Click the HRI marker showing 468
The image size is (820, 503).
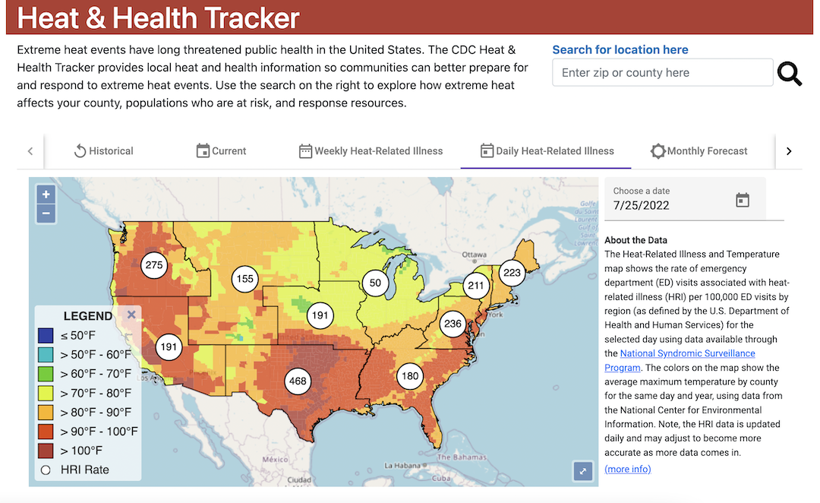point(298,381)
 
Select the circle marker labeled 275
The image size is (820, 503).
point(154,265)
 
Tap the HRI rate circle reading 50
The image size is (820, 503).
point(375,283)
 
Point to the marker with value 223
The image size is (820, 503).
point(512,273)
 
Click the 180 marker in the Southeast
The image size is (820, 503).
point(410,376)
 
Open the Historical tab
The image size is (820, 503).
point(103,151)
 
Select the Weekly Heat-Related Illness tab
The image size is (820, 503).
point(371,151)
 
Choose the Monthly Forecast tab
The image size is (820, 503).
point(699,151)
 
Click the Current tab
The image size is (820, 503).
point(221,151)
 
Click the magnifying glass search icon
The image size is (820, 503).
point(790,74)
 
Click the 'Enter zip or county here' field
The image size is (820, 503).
point(662,73)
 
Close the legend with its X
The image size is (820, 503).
point(131,315)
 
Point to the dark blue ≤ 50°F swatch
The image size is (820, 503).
point(46,335)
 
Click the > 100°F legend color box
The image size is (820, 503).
point(46,451)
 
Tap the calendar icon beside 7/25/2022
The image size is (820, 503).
point(743,200)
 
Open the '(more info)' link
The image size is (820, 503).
point(627,469)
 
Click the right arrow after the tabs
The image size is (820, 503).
point(789,151)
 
